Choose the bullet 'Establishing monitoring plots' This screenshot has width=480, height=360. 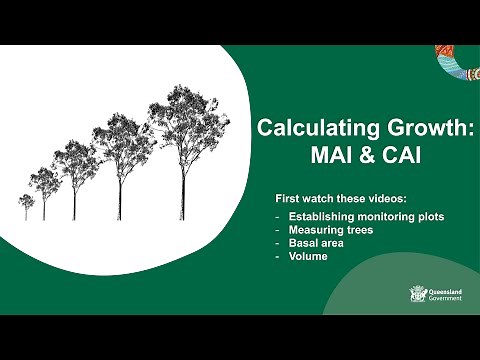pos(366,217)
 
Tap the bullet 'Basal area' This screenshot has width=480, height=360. pos(314,243)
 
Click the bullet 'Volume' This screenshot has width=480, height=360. pos(308,256)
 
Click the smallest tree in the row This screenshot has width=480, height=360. pos(26,205)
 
